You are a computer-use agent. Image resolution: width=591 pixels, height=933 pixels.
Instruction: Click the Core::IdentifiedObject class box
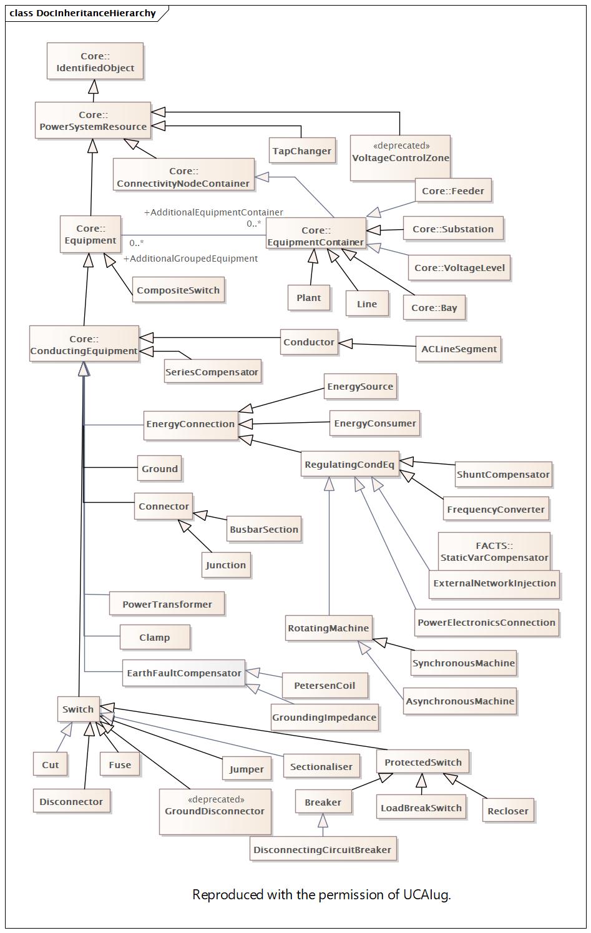95,61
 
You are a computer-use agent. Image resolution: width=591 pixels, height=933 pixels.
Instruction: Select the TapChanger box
301,151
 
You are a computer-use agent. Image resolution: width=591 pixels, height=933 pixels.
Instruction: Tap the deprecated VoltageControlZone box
400,157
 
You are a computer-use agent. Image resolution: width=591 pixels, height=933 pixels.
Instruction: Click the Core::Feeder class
453,191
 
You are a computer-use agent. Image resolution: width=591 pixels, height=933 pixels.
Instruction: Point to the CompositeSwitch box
178,290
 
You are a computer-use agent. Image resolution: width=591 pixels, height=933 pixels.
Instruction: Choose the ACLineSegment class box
459,349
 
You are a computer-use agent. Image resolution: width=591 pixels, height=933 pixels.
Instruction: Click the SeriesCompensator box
212,372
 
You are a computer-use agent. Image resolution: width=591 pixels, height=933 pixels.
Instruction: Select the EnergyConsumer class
374,423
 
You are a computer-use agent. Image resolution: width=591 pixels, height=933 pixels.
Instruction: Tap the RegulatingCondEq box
349,465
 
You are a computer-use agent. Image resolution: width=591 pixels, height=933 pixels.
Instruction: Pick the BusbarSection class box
264,530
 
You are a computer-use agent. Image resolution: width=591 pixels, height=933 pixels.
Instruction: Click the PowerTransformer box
167,605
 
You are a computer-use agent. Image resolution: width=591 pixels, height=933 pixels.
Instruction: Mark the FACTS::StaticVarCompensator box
494,551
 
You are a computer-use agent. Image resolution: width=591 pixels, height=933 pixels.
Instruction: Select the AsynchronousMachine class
459,701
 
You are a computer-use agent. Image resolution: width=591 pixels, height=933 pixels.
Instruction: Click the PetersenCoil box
325,686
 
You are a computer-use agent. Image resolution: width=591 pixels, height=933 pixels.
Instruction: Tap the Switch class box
78,709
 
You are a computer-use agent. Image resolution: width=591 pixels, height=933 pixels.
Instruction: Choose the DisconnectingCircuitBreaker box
323,850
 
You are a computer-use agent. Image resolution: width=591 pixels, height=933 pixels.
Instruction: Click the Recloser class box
508,811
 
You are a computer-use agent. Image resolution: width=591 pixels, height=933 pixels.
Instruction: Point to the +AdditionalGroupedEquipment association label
190,259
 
